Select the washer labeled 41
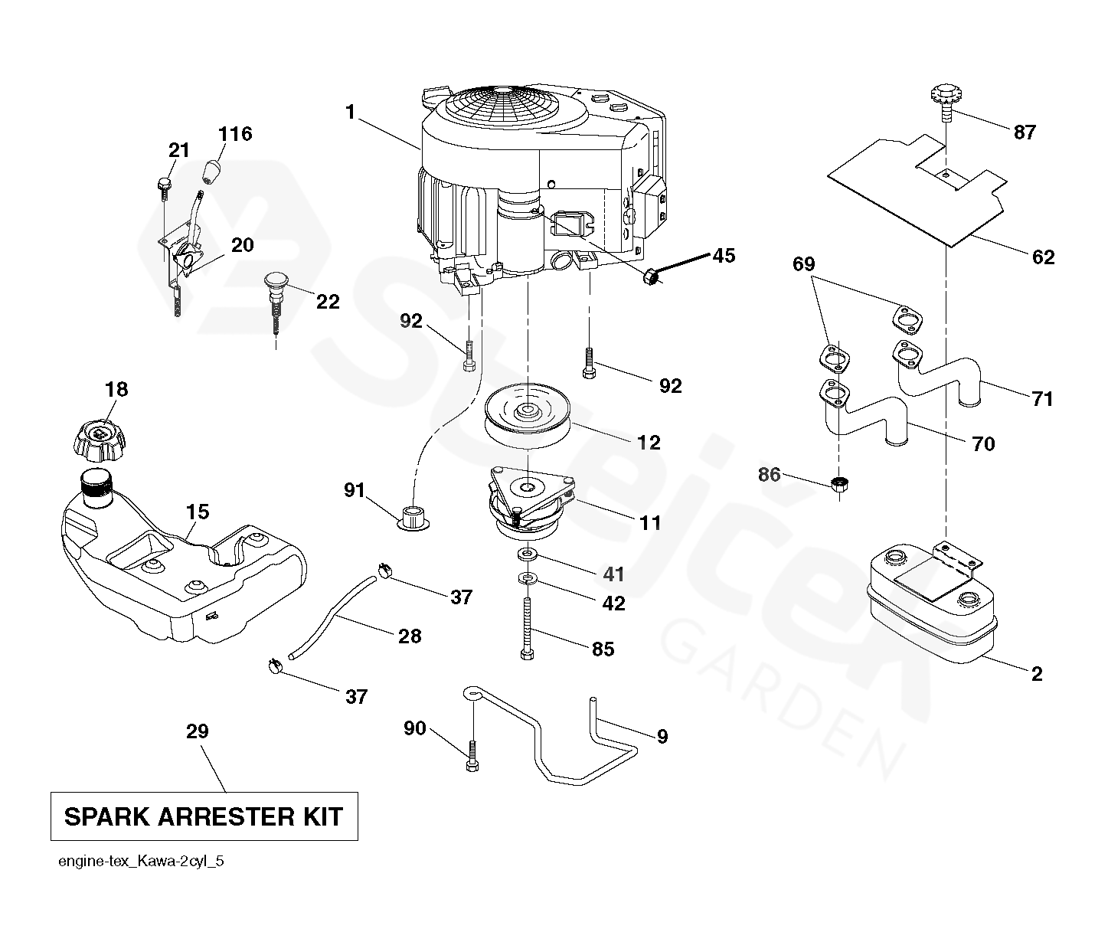(x=527, y=554)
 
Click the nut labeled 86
(x=840, y=484)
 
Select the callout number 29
(x=198, y=731)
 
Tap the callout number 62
(x=1043, y=257)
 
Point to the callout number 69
(x=803, y=265)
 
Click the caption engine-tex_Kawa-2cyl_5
(x=141, y=862)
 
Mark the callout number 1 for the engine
(x=351, y=113)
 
